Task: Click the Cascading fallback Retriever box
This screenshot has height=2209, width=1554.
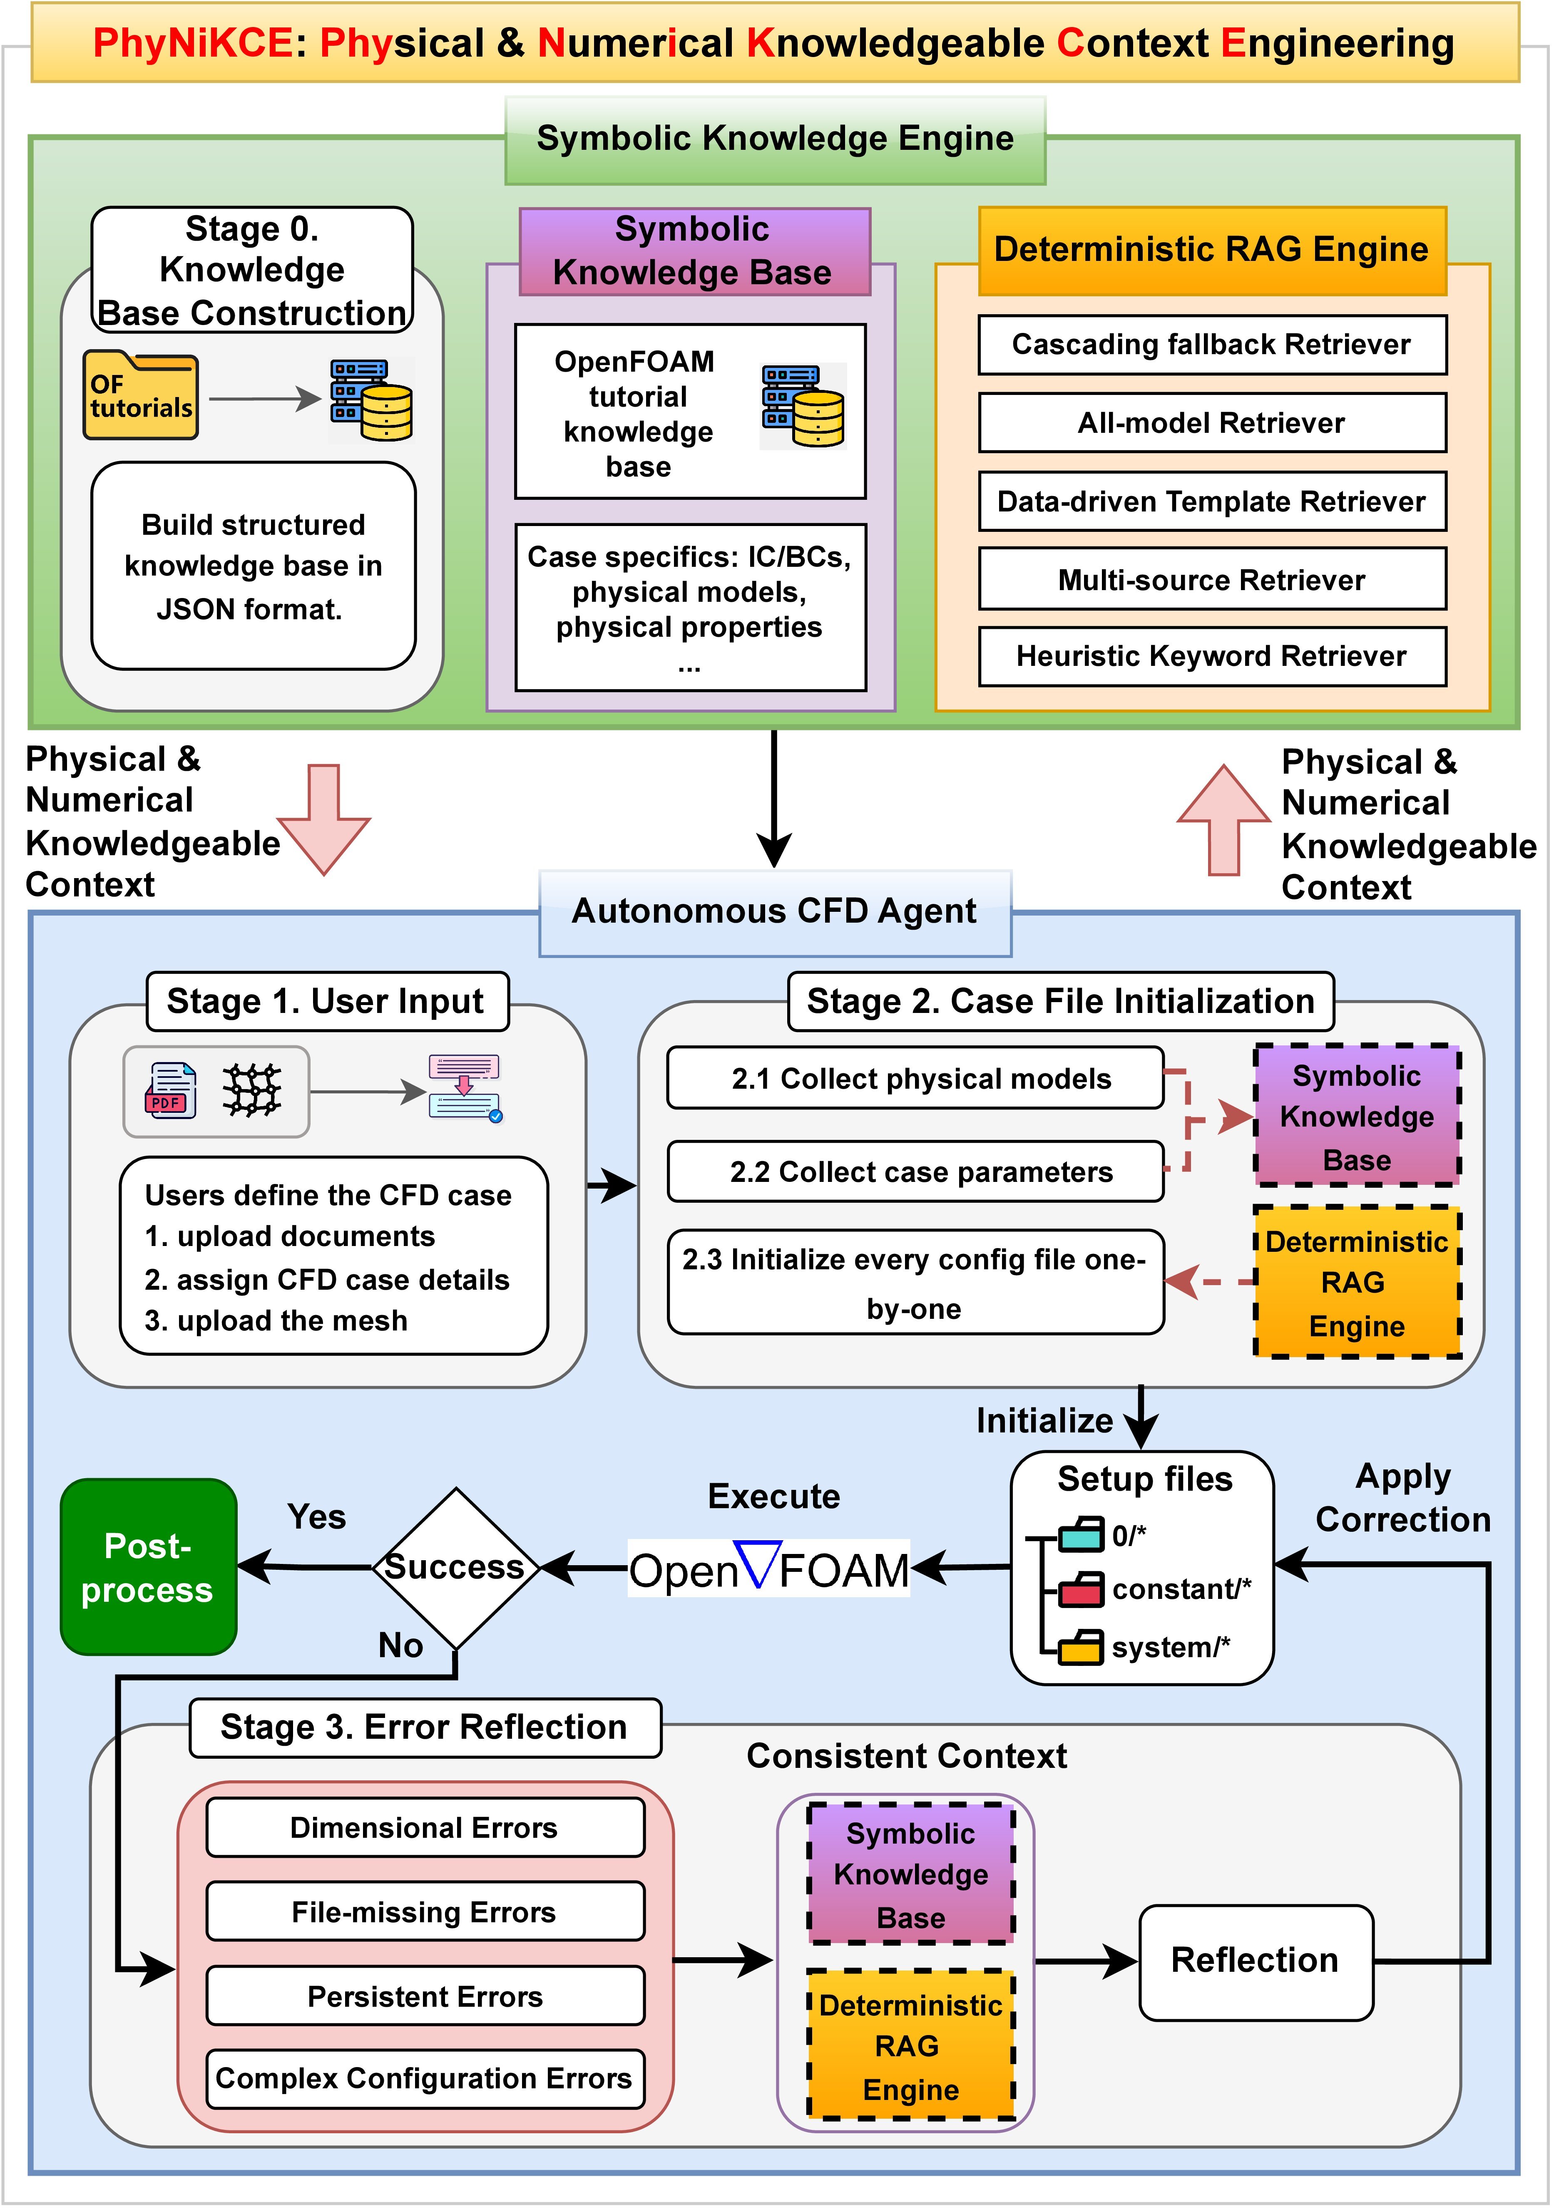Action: tap(1211, 345)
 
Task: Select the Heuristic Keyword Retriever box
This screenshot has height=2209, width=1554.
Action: tap(1211, 656)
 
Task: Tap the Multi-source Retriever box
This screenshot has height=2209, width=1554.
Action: tap(1211, 579)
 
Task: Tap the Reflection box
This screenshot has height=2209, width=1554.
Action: tap(1255, 1960)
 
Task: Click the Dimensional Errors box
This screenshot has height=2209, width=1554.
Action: tap(424, 1827)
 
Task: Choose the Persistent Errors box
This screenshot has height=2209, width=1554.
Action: tap(424, 1996)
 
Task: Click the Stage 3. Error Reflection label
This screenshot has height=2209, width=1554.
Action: tap(424, 1727)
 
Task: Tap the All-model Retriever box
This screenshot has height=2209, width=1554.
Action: tap(1211, 422)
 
